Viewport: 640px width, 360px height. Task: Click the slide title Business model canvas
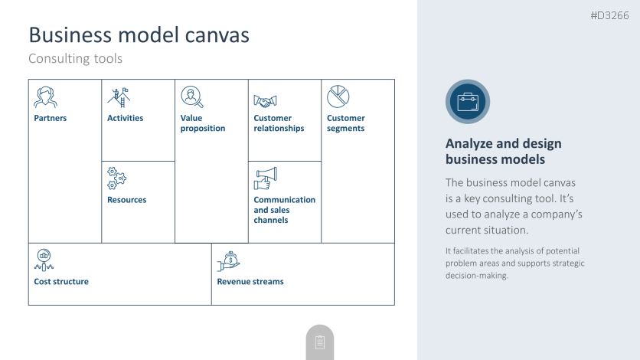(x=139, y=35)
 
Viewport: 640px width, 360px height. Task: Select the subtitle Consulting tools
(x=75, y=58)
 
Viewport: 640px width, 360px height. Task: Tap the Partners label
(x=51, y=118)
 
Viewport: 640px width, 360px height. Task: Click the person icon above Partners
(x=44, y=97)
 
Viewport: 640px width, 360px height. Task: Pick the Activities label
(x=125, y=118)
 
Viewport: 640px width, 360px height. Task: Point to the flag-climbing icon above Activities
(x=117, y=97)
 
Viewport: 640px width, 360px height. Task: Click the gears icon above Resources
(x=116, y=178)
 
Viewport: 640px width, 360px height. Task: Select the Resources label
(x=126, y=200)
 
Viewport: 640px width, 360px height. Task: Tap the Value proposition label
(x=203, y=123)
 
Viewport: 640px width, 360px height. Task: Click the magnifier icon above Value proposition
(x=191, y=97)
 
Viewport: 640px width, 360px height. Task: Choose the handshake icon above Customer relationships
(x=265, y=100)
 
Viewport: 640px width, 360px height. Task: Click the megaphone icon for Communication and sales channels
(x=265, y=178)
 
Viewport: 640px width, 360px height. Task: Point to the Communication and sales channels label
(x=284, y=210)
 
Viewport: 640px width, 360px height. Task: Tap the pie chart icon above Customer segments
(x=338, y=97)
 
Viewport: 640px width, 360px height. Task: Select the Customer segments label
(x=346, y=123)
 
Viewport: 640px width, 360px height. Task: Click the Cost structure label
(x=61, y=282)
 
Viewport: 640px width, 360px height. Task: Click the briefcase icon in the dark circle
(x=467, y=102)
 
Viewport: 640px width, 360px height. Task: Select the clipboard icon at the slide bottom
(x=320, y=342)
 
